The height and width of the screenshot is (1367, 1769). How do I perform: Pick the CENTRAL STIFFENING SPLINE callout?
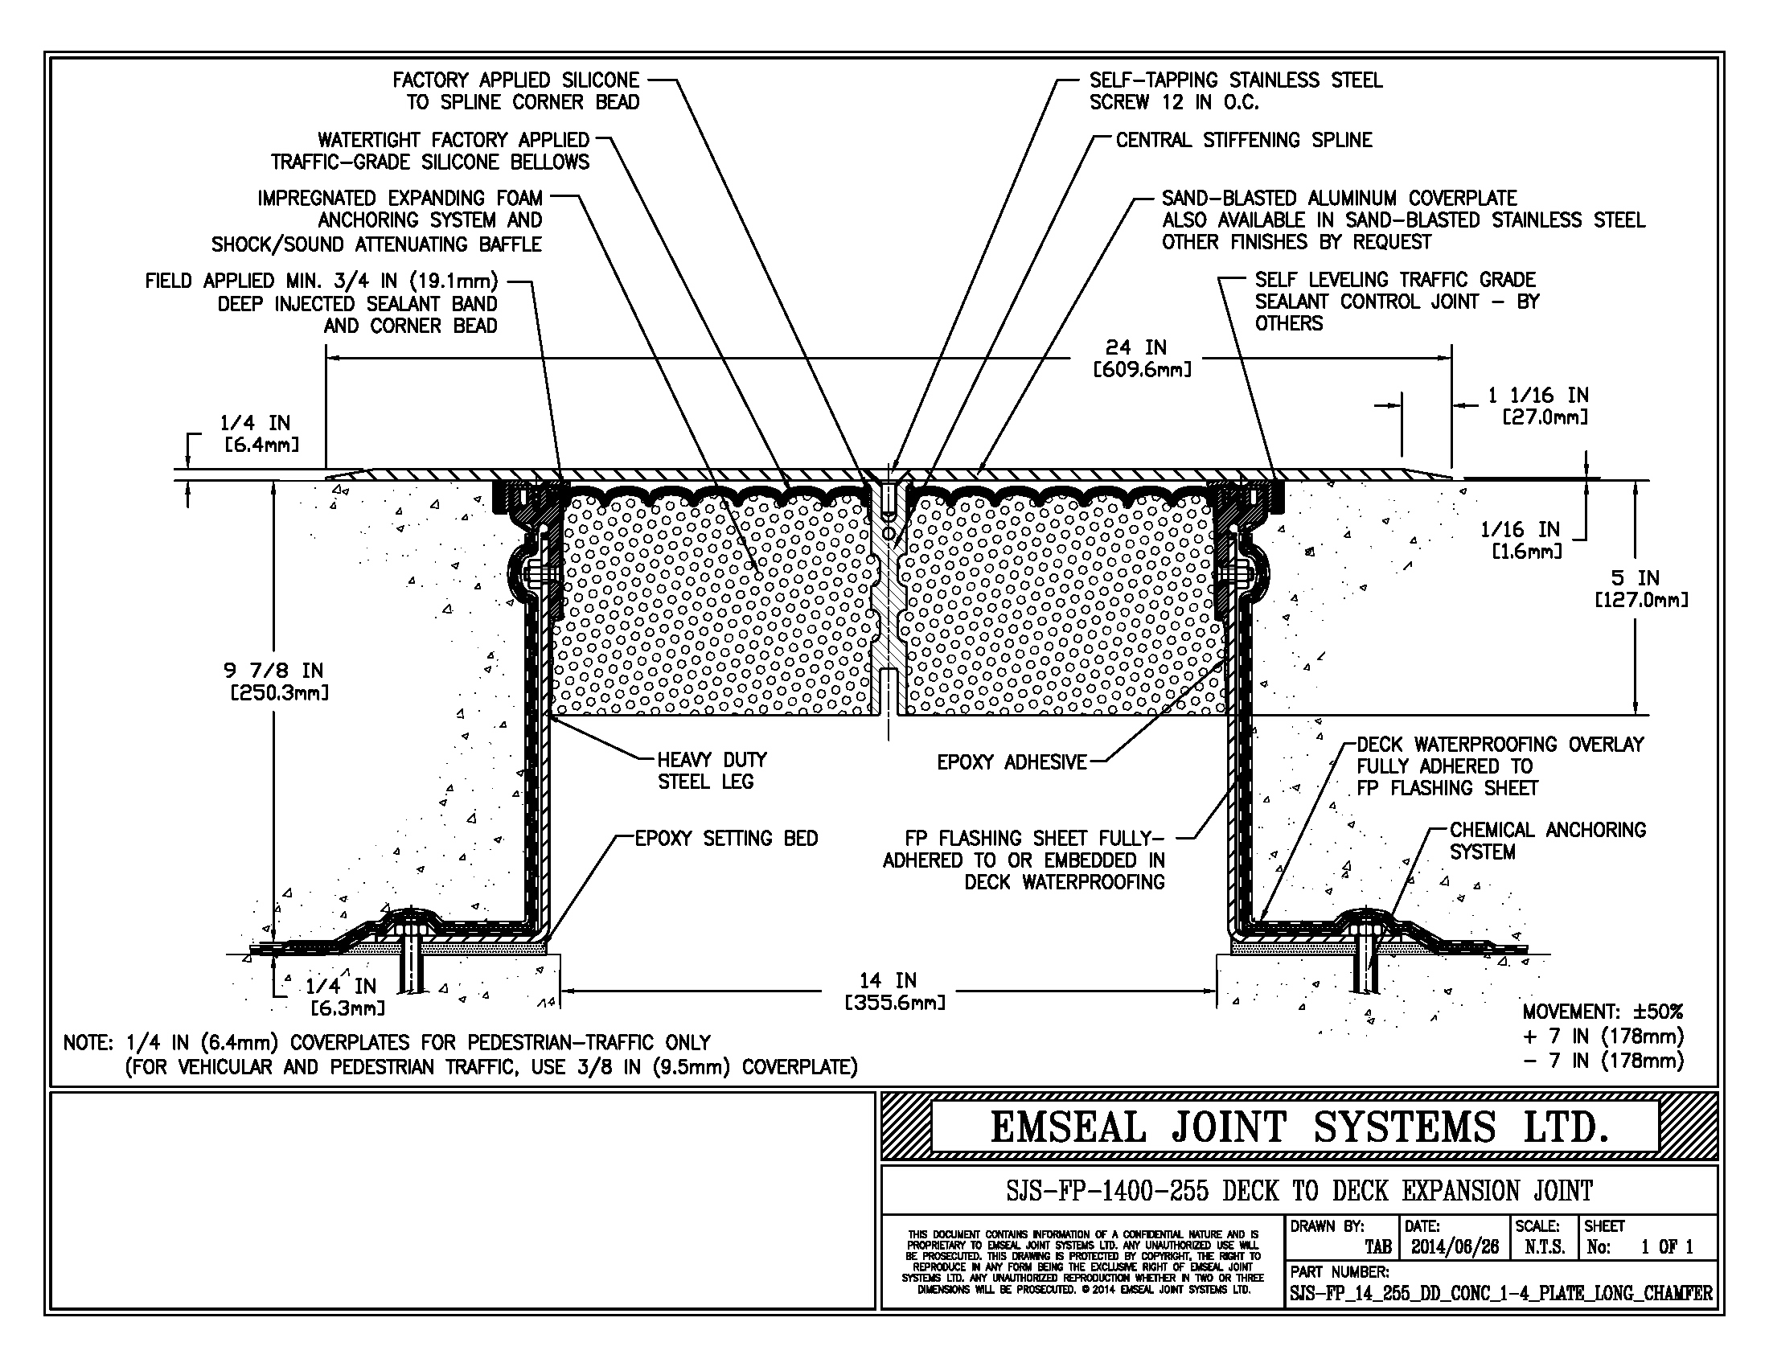[x=1244, y=140]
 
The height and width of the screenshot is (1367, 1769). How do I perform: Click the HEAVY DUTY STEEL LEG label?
[x=711, y=770]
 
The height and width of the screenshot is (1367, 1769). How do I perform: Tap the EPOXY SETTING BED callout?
[x=726, y=838]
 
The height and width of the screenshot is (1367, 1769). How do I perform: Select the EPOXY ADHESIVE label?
[x=1012, y=762]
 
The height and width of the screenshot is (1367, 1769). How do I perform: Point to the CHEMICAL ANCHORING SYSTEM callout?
[x=1548, y=840]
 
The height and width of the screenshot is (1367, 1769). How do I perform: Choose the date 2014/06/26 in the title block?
[x=1455, y=1247]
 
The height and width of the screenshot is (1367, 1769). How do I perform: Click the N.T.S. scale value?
[x=1545, y=1247]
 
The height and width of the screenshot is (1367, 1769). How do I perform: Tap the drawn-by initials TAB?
[x=1377, y=1247]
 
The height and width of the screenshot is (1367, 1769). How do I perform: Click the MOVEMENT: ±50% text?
[x=1602, y=1012]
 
